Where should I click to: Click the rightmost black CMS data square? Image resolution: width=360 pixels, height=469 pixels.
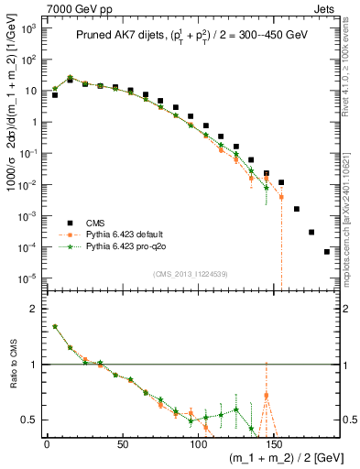327,251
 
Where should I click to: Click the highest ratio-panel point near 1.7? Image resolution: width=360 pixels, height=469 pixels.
55,326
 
